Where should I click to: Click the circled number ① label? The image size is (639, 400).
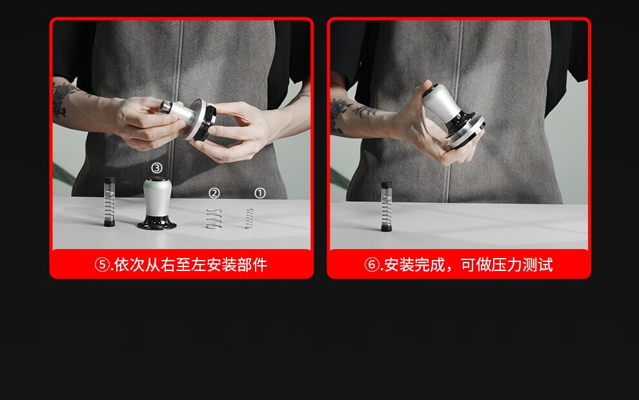pos(260,193)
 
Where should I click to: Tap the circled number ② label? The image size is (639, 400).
pos(214,193)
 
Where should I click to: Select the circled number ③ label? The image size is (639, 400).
pos(157,168)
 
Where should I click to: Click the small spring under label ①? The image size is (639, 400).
pos(249,218)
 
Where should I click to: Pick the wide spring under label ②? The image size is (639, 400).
pos(214,219)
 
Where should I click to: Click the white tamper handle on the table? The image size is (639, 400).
pos(157,197)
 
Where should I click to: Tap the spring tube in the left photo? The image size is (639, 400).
pos(109,202)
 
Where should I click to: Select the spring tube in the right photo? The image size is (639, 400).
pos(387,206)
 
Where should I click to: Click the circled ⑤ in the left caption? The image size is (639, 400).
pos(102,265)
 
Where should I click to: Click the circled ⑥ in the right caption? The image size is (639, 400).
pos(372,265)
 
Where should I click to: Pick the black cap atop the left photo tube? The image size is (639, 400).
pos(109,179)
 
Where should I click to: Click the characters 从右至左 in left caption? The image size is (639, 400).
pos(176,265)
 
